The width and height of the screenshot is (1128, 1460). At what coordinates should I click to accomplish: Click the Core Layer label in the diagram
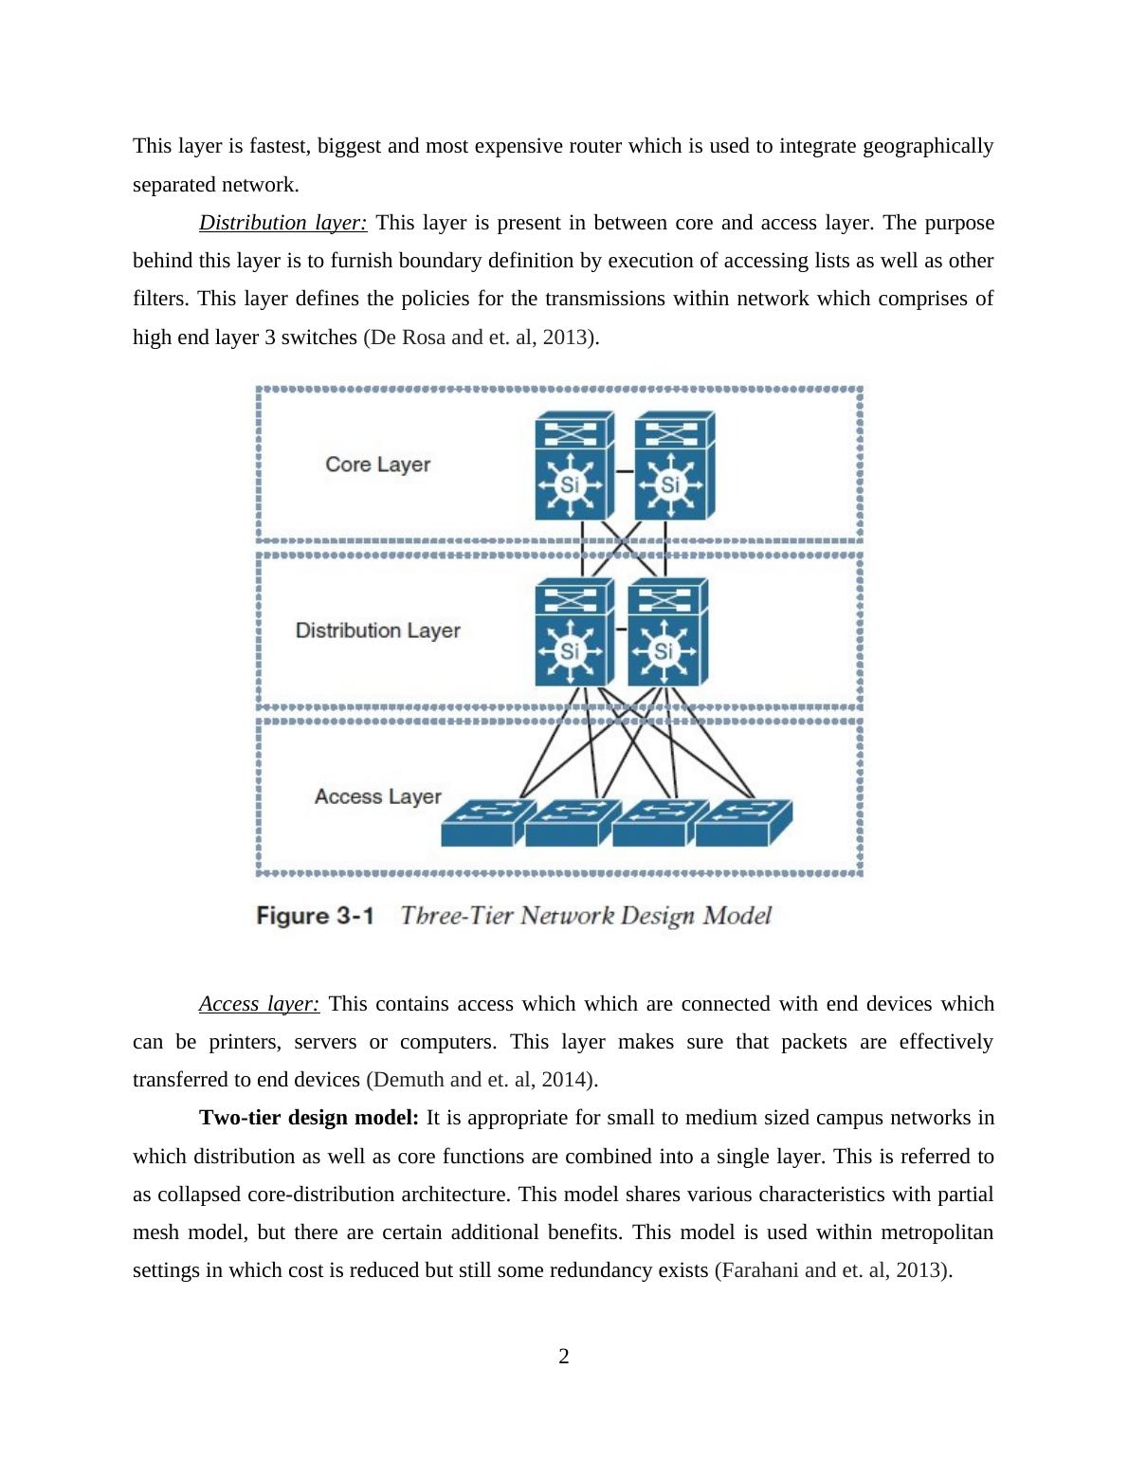(377, 465)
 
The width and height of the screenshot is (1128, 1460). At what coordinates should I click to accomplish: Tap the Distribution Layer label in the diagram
(377, 630)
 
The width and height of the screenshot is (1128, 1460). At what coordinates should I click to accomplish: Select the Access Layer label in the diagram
(377, 796)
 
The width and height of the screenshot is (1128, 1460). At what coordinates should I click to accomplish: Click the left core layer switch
(573, 466)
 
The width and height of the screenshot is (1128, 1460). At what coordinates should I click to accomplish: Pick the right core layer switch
(673, 466)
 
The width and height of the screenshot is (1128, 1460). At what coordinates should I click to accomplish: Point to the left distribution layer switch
(573, 632)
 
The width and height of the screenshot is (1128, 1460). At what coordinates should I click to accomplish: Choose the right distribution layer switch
(666, 632)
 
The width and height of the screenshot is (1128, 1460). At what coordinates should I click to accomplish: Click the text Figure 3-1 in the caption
(315, 916)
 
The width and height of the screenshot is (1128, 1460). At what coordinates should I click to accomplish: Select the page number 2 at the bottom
(564, 1357)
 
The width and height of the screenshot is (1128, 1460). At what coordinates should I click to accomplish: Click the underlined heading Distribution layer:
(282, 223)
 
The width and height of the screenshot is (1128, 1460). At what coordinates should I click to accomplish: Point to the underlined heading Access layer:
(259, 1004)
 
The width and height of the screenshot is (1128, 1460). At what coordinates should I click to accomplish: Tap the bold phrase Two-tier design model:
(308, 1118)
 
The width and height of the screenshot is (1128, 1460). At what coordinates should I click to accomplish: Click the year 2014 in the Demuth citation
(566, 1080)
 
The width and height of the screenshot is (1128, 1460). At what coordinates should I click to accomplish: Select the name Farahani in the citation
(759, 1270)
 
